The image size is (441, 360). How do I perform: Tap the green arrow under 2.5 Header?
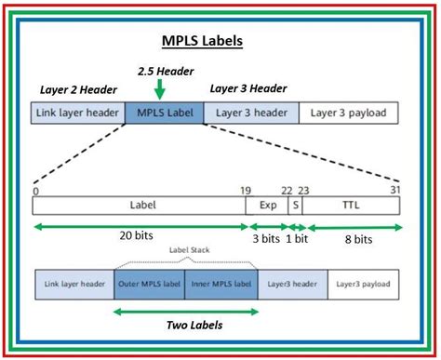[x=161, y=88]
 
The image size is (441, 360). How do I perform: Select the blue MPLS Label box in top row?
[x=164, y=113]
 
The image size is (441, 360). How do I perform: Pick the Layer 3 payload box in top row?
[x=349, y=113]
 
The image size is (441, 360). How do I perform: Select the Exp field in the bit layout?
[x=267, y=205]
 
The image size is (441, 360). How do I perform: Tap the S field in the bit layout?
[x=295, y=205]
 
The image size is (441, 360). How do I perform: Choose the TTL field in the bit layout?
[x=351, y=205]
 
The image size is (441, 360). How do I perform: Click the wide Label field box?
[x=140, y=205]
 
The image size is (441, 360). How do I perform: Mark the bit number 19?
[x=246, y=189]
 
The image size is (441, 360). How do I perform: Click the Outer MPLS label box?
[x=149, y=284]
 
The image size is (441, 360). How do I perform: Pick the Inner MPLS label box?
[x=220, y=284]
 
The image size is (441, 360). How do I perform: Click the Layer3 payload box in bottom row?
[x=363, y=284]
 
